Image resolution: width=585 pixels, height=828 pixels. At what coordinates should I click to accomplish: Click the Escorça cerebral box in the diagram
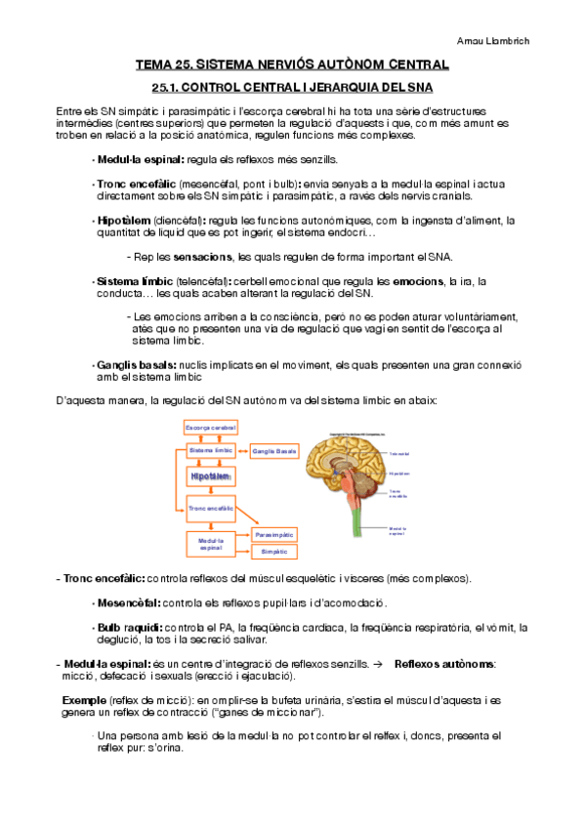pyautogui.click(x=211, y=427)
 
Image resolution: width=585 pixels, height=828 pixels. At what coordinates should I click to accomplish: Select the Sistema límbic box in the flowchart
pyautogui.click(x=212, y=450)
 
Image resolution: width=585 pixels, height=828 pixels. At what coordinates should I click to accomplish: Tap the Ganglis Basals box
pyautogui.click(x=273, y=451)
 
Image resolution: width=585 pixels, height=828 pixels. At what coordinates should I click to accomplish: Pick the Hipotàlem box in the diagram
pyautogui.click(x=211, y=476)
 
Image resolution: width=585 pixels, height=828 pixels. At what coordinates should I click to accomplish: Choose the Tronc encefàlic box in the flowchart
pyautogui.click(x=211, y=508)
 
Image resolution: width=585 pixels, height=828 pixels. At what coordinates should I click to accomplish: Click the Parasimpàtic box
pyautogui.click(x=274, y=535)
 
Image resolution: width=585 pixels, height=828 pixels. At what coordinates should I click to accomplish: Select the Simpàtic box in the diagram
pyautogui.click(x=274, y=552)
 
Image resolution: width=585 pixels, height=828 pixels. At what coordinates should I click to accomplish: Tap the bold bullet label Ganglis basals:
pyautogui.click(x=136, y=364)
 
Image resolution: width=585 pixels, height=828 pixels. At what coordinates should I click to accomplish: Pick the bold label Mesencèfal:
pyautogui.click(x=129, y=602)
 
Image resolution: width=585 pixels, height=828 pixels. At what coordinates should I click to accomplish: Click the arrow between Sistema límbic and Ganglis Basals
pyautogui.click(x=243, y=451)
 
